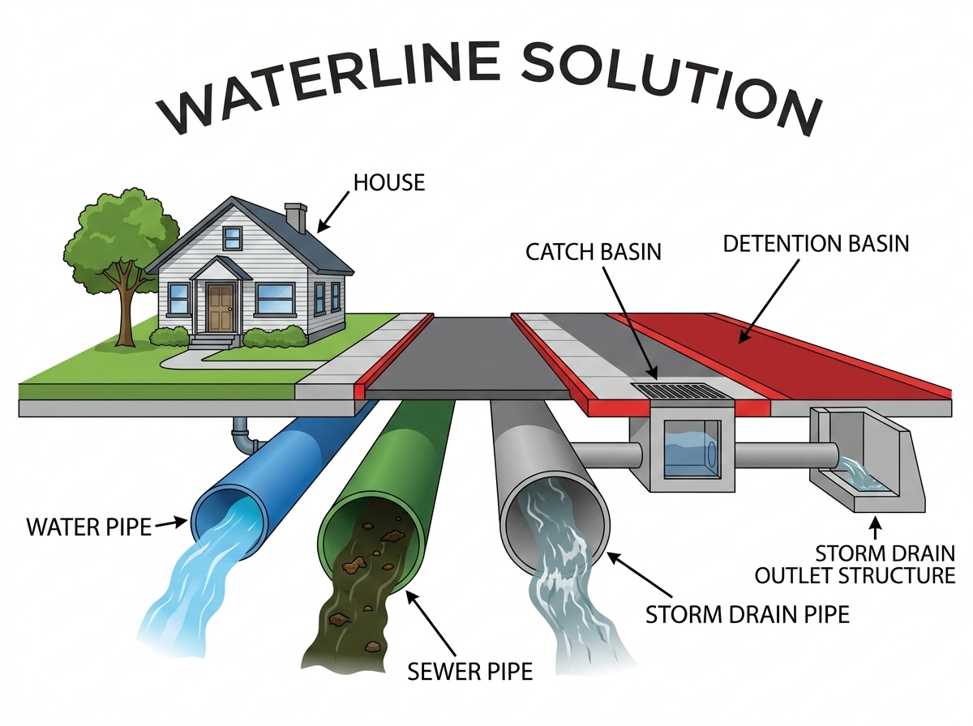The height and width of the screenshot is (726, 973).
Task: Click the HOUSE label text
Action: tap(389, 182)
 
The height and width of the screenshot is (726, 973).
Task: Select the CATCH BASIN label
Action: tap(593, 252)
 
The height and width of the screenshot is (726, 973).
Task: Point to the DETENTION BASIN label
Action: tap(816, 244)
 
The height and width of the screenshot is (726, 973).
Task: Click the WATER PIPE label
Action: tap(89, 527)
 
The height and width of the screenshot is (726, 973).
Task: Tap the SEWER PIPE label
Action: tap(469, 672)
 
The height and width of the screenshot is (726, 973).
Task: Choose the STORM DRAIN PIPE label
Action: tap(748, 614)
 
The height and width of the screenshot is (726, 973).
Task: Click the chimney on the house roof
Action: tap(296, 218)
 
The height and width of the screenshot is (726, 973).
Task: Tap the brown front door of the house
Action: tap(221, 308)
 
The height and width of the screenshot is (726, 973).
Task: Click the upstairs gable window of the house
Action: tap(232, 238)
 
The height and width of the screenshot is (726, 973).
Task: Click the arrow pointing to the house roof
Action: tap(333, 211)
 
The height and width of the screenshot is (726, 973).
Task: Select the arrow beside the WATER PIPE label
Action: tap(170, 523)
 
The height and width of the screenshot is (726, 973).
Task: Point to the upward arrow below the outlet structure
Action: tap(875, 528)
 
